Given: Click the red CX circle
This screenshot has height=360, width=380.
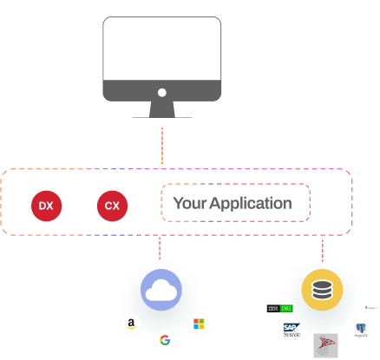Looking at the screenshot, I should [x=112, y=206].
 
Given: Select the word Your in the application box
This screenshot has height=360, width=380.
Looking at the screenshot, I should [x=189, y=204].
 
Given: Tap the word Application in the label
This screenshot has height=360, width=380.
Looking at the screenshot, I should [x=251, y=204].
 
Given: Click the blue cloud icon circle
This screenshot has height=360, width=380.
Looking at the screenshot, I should [x=161, y=291].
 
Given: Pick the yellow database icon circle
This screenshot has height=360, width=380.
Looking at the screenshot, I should [x=322, y=291].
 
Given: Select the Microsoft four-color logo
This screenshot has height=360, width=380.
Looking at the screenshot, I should [x=199, y=324].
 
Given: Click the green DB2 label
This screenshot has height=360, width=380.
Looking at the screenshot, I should [x=286, y=308].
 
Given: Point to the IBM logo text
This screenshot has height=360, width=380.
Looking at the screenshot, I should [x=272, y=308].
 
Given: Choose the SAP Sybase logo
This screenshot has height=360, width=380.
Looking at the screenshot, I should [x=292, y=330].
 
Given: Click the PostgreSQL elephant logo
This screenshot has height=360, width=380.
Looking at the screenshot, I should [x=360, y=330].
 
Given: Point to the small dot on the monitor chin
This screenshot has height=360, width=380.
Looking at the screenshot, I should [x=161, y=91].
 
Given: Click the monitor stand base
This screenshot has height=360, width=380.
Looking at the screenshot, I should [x=161, y=115].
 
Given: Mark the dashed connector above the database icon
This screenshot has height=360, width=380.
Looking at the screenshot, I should [x=322, y=250].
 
